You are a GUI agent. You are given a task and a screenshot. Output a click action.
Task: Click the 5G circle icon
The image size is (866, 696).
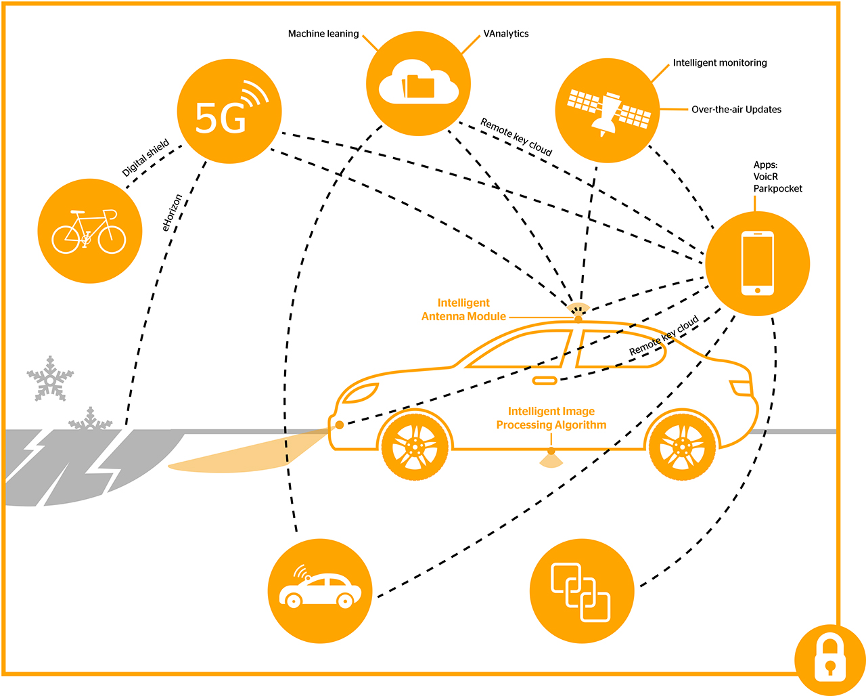click(229, 112)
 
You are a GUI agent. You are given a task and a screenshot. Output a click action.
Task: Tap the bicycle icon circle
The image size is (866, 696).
click(90, 231)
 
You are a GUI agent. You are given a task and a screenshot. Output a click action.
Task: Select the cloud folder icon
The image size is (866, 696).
click(418, 83)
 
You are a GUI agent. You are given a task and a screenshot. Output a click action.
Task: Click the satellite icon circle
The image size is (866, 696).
click(608, 110)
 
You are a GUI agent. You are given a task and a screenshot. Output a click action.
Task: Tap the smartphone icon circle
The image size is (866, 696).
click(757, 263)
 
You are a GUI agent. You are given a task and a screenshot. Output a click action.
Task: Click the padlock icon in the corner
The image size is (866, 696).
click(829, 660)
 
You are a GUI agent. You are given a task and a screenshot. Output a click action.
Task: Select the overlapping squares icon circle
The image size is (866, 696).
click(581, 591)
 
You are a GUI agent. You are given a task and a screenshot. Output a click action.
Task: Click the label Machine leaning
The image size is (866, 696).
click(323, 34)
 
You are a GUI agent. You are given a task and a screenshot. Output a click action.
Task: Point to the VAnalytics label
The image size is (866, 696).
click(505, 34)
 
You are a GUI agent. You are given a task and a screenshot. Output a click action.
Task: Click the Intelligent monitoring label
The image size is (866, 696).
click(719, 63)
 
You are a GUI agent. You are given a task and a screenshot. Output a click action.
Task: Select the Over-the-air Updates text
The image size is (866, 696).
click(736, 110)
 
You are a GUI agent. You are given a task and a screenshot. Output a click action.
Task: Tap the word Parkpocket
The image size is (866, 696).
click(777, 189)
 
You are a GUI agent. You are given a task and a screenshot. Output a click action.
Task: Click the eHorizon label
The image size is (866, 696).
click(173, 213)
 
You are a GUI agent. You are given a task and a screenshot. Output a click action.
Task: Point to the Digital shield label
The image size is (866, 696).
click(145, 158)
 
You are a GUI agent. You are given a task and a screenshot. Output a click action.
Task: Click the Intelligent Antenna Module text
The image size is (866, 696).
click(463, 309)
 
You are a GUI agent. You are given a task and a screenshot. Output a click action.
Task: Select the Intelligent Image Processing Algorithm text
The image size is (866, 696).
click(551, 418)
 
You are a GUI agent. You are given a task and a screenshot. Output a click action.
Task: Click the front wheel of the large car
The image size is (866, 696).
click(415, 446)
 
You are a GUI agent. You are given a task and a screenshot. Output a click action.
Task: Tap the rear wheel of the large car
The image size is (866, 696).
click(682, 446)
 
